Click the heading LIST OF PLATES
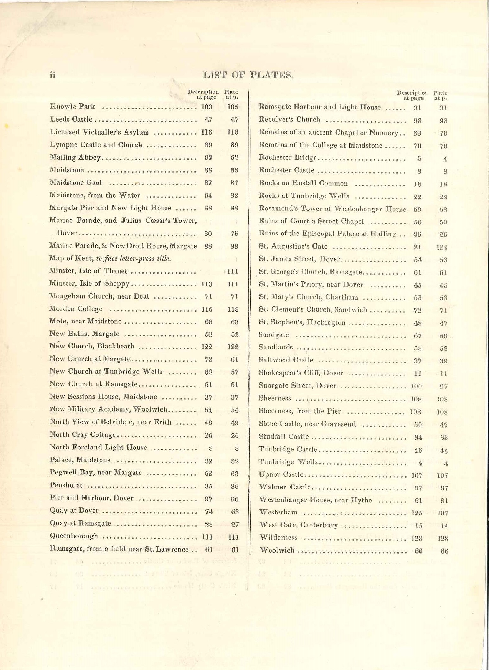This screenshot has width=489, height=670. point(248,75)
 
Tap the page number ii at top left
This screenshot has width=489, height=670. point(53,75)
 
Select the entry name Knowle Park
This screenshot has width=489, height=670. point(72,107)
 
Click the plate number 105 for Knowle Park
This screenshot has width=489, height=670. point(232,107)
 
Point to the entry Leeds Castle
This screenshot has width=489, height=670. point(71,119)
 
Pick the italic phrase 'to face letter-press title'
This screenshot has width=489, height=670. point(134,258)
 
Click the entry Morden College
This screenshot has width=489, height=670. point(76,309)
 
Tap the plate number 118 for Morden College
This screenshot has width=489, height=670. point(233,309)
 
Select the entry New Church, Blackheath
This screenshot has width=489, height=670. point(92,346)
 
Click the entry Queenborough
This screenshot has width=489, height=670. point(74,536)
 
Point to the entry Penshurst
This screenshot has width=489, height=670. point(66,485)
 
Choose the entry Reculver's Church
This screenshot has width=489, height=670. point(289,120)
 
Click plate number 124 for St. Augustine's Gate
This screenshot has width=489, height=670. point(441,247)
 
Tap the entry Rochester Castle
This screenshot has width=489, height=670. point(286,170)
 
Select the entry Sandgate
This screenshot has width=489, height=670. point(274,335)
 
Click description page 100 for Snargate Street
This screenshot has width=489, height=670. point(416,386)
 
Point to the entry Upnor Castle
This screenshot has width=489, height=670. point(281,474)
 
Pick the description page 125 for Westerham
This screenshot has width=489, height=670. point(416,513)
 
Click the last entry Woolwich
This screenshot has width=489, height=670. point(277,550)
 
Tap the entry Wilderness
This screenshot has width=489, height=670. point(278,537)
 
